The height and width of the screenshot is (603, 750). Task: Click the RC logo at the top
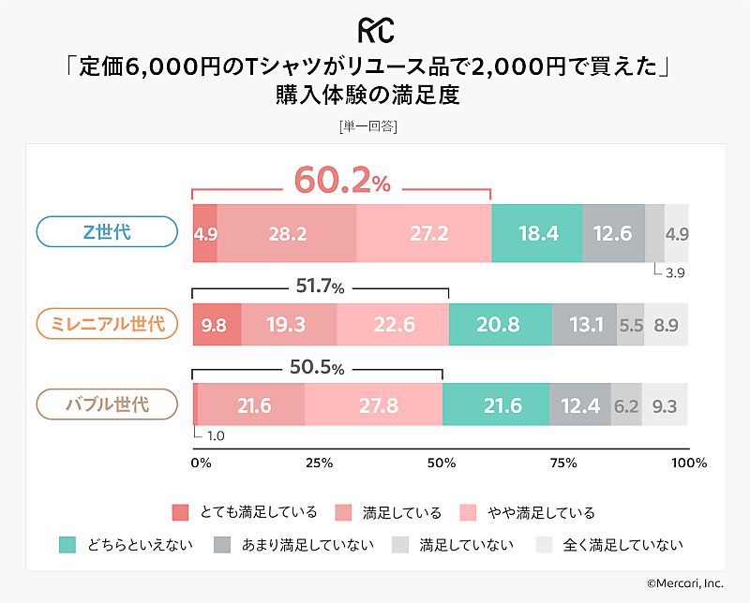pos(374,29)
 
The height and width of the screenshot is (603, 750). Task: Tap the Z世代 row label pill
pos(107,232)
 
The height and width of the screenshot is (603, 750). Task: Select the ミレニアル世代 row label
pos(107,324)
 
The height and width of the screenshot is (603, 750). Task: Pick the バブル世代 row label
pos(107,404)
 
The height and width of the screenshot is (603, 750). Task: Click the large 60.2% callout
pos(341,181)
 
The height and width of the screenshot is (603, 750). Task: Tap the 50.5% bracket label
pos(316,367)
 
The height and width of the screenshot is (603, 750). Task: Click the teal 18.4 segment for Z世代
pos(537,233)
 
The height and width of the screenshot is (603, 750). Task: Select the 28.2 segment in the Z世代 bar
pos(287,233)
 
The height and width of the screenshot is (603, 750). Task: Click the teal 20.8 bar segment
pos(500,325)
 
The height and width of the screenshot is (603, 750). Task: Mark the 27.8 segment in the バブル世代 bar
pos(373,405)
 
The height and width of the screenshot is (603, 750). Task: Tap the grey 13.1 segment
pos(584,325)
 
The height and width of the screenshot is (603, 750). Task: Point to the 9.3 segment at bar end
pos(665,405)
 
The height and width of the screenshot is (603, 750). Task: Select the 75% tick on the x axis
pos(562,463)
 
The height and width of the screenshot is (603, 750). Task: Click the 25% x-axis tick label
pos(320,463)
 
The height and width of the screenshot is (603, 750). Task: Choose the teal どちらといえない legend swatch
pos(67,544)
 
